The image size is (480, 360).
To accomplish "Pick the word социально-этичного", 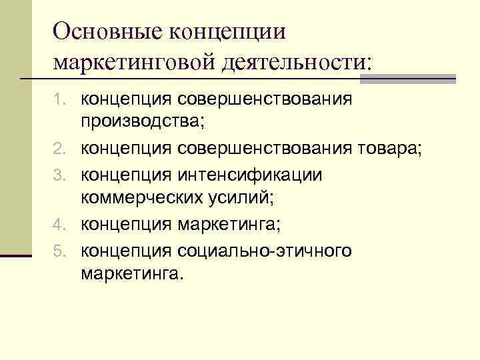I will pyautogui.click(x=264, y=251).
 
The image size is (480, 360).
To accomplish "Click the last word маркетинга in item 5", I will pyautogui.click(x=130, y=273).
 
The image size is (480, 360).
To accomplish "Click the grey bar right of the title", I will pyautogui.click(x=407, y=78).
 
